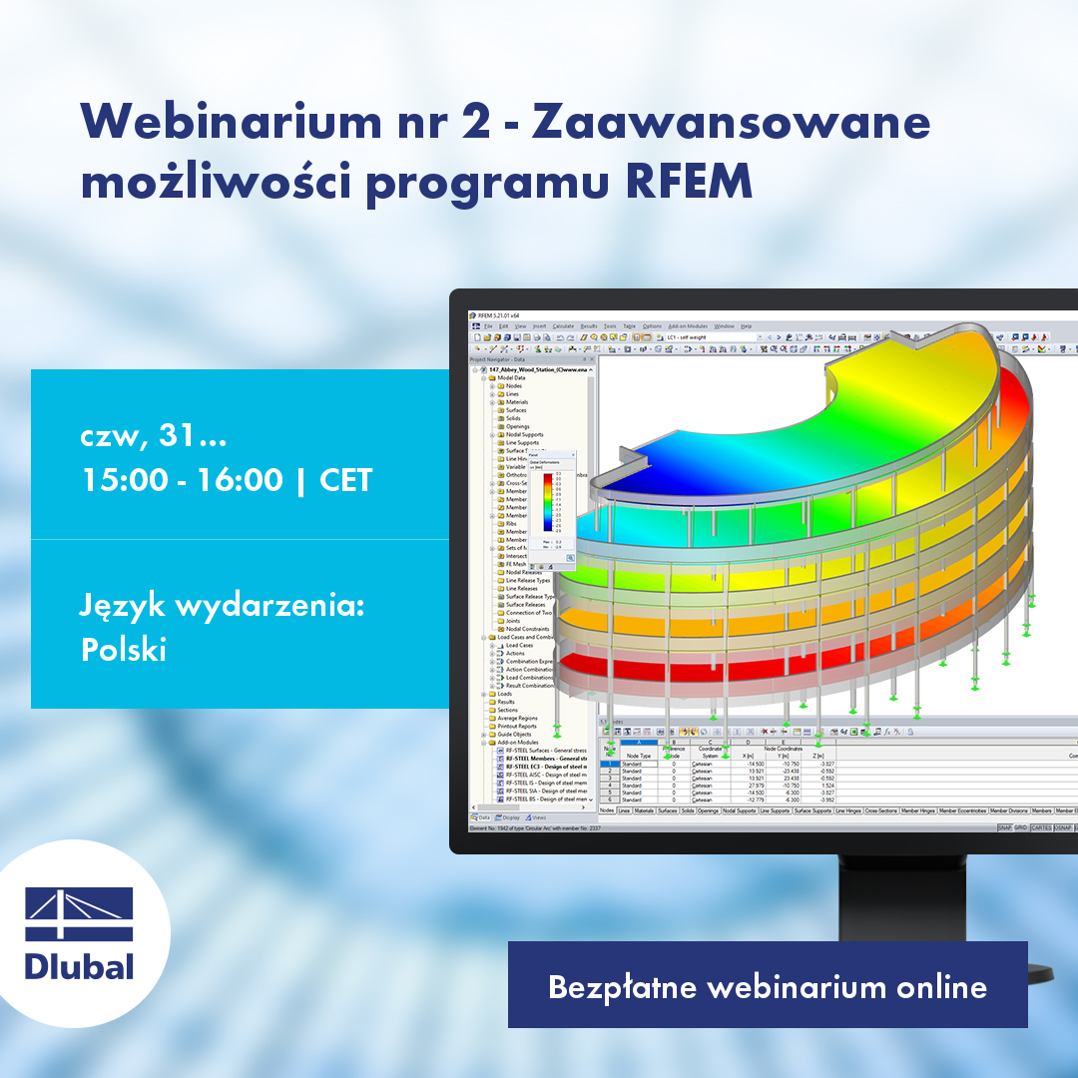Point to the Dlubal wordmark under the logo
(79, 965)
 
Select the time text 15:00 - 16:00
(183, 480)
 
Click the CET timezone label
(345, 480)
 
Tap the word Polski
(123, 649)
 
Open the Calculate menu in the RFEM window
(563, 326)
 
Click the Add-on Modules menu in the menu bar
(687, 326)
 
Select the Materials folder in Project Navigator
(517, 402)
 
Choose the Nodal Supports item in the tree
(524, 434)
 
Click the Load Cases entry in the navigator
(519, 645)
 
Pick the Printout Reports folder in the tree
(518, 726)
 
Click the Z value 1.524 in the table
(827, 785)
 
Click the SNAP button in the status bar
(1003, 827)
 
